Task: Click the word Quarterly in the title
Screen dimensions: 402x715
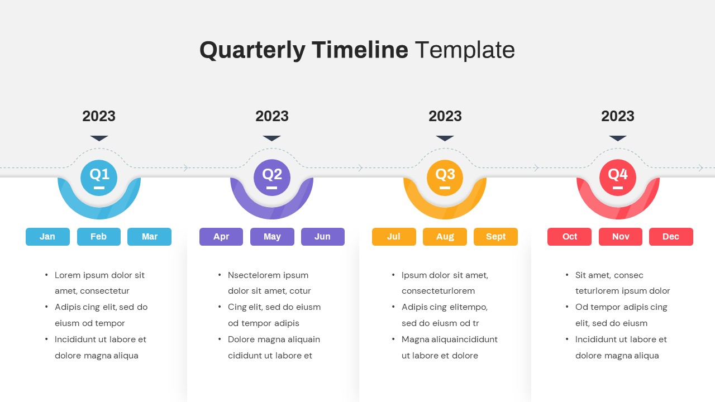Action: [252, 50]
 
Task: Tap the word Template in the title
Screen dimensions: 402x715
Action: [464, 50]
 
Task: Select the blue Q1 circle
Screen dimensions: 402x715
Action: [99, 178]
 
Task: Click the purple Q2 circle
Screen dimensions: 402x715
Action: [272, 178]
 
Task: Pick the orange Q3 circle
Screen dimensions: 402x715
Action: [445, 178]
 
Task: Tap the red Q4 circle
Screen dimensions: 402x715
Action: [618, 178]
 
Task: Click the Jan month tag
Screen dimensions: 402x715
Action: [47, 237]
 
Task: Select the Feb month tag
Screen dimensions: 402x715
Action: [98, 237]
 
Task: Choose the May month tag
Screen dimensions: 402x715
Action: [272, 237]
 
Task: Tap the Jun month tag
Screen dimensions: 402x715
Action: [322, 237]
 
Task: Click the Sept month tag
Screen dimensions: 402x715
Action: [495, 237]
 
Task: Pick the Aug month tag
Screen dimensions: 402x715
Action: [445, 237]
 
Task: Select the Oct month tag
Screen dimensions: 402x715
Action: [569, 237]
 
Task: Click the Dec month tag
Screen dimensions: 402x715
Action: [671, 237]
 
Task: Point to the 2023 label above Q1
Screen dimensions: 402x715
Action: [99, 116]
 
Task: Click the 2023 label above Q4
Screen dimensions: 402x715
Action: [618, 116]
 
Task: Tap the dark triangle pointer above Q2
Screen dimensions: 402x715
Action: [272, 138]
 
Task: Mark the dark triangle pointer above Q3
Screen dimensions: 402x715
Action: [445, 138]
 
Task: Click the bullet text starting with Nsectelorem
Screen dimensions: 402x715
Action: [269, 283]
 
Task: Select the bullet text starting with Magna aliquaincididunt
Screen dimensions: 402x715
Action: [449, 347]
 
